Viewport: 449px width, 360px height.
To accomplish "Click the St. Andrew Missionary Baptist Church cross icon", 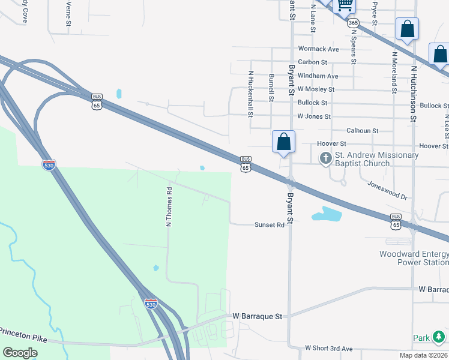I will [326, 158].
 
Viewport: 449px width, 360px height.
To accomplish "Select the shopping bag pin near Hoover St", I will [284, 142].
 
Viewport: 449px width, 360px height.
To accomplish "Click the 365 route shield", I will [353, 23].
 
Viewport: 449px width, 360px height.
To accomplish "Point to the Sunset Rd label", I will [269, 224].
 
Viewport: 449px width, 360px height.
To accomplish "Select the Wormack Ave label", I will [318, 49].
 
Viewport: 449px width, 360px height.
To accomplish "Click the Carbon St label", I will [312, 62].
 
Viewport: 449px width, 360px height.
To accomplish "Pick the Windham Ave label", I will [318, 76].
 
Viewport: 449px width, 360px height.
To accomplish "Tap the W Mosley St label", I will [316, 89].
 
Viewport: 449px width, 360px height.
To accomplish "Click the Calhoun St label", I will [362, 130].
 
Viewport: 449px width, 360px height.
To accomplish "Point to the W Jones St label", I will [314, 116].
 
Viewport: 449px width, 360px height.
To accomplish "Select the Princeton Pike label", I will [24, 332].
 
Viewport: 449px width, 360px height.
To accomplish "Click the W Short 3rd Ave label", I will [328, 348].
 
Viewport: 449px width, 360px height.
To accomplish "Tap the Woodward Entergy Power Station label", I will [414, 258].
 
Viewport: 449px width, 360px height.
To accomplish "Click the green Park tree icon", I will [439, 337].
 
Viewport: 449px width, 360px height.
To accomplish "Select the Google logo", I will [20, 352].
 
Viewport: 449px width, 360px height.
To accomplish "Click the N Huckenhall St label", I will [251, 94].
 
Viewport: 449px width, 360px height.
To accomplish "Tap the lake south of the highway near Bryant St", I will [326, 214].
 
